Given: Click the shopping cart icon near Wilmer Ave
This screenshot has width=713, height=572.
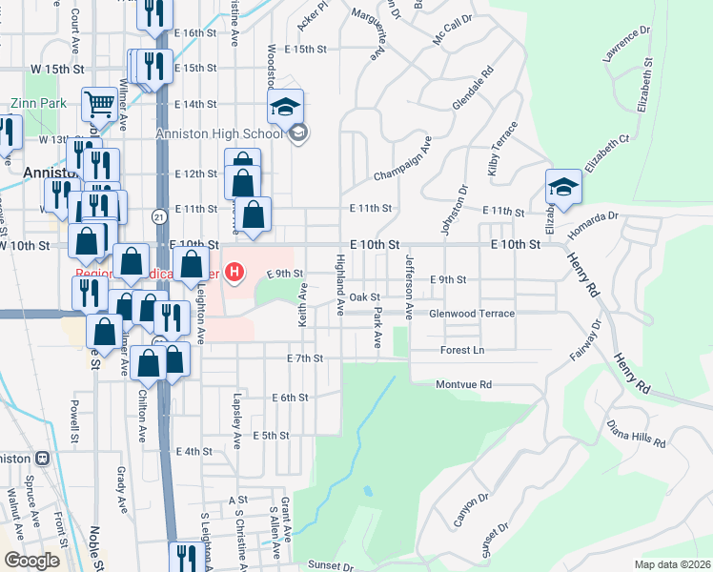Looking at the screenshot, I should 98,103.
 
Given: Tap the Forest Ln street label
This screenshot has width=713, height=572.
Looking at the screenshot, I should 462,350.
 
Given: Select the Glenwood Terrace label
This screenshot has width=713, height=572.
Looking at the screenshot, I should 472,314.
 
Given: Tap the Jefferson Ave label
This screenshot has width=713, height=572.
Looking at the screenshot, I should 409,287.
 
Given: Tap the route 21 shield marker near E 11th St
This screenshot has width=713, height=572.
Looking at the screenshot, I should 158,217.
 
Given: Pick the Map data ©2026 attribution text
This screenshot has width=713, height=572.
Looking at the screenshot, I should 672,564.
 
